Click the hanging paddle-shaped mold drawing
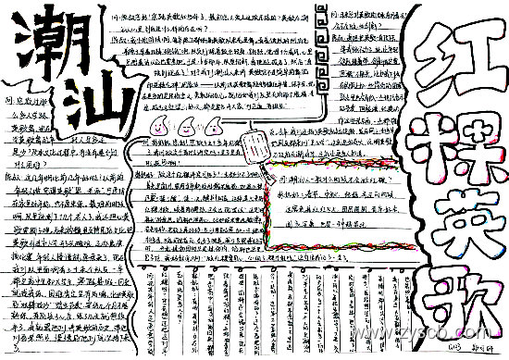(260, 143)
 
